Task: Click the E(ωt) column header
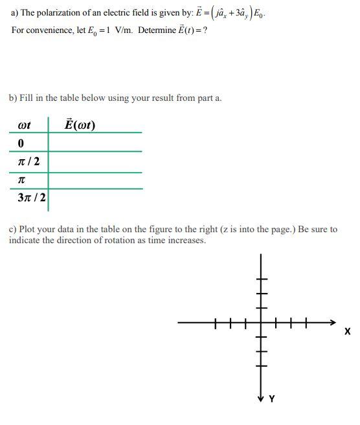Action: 81,124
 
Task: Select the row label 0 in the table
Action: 21,142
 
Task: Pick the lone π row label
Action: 21,180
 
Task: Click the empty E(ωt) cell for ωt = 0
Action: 95,142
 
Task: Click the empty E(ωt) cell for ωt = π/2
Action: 95,162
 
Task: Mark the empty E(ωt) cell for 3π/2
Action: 95,199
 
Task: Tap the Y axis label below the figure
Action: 271,399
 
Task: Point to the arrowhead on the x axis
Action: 333,321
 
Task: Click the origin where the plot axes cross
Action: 261,321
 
